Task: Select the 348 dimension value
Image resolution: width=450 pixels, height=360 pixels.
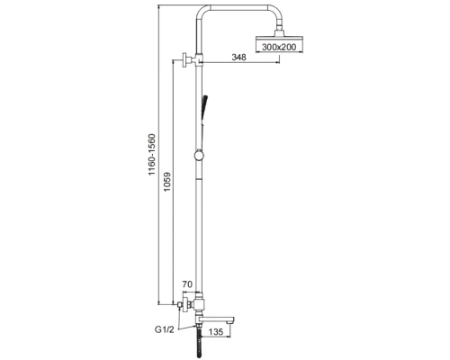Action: (x=238, y=57)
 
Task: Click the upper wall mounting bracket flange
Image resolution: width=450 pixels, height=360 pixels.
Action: (x=184, y=60)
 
